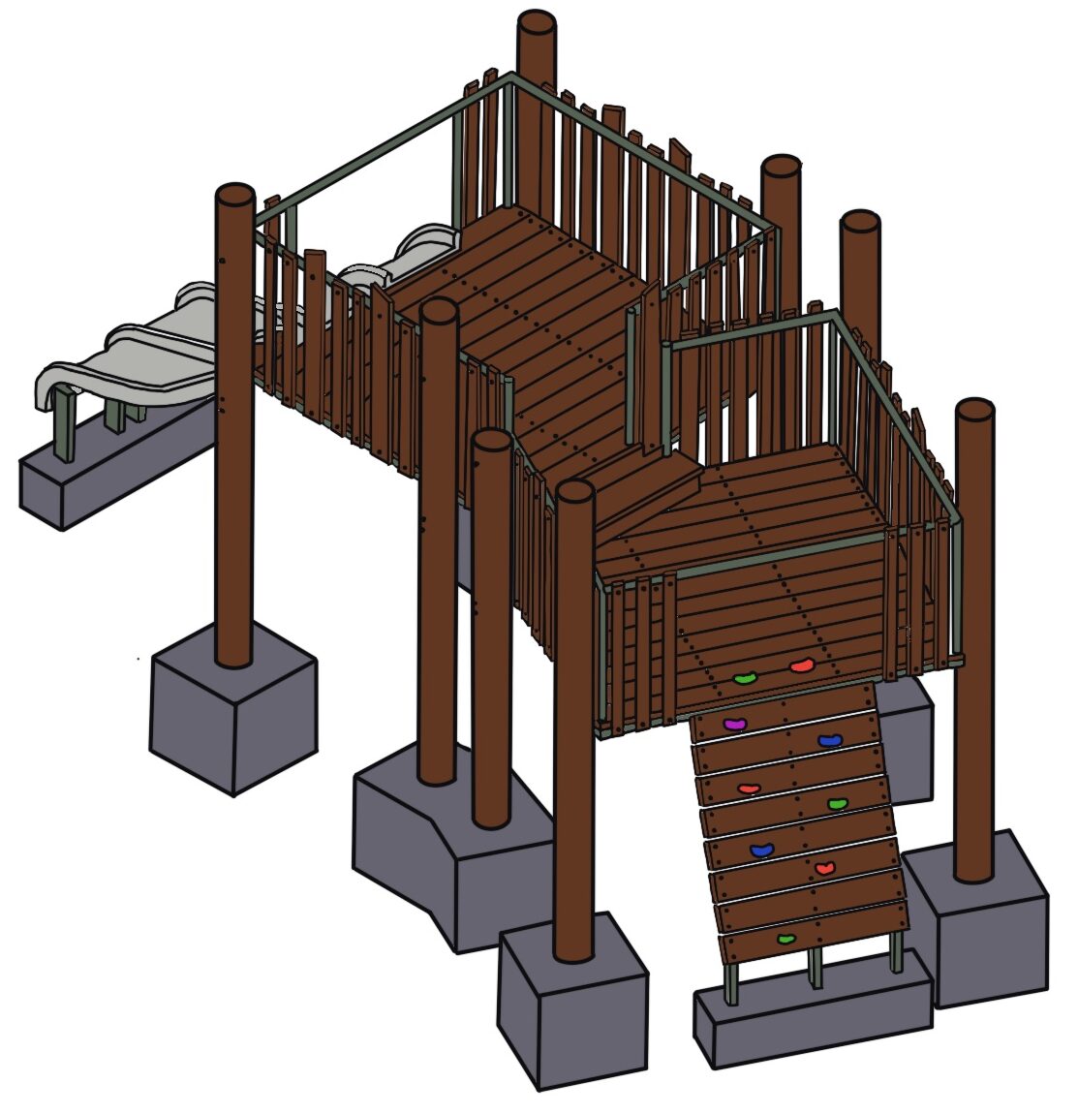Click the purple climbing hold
point(736,724)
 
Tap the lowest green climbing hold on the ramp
point(786,938)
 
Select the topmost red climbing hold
point(801,666)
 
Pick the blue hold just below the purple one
point(830,741)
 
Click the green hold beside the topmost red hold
point(744,680)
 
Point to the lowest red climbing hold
point(824,868)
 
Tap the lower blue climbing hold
point(762,851)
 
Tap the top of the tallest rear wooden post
point(537,23)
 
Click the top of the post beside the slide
point(234,194)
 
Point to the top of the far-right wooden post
point(974,410)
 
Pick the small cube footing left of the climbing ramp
point(571,1003)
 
